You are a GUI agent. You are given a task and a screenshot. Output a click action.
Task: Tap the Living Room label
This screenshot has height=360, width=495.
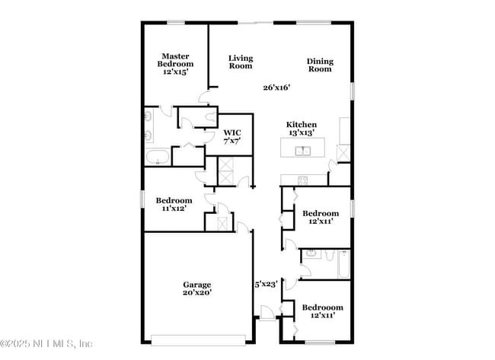pos(241,62)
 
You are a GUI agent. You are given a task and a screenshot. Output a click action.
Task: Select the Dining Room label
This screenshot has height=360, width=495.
pos(320,65)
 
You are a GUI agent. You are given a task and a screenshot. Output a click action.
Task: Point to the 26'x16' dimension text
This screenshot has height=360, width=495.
pos(276,88)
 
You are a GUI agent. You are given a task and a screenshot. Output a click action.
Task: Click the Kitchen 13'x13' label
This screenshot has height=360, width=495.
pos(302,129)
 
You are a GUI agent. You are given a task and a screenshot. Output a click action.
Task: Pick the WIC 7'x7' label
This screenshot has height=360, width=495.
pos(232,136)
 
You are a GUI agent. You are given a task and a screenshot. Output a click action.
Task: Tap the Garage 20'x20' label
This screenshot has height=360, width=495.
pos(196,288)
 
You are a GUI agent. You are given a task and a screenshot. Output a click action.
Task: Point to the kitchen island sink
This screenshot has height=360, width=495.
pos(303,149)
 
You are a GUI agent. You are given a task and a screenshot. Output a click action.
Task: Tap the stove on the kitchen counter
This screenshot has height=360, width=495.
pos(302,180)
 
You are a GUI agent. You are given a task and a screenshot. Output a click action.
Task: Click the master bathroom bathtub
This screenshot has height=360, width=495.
pos(158,158)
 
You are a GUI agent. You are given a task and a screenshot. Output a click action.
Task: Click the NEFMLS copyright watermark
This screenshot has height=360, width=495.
pos(47,343)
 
